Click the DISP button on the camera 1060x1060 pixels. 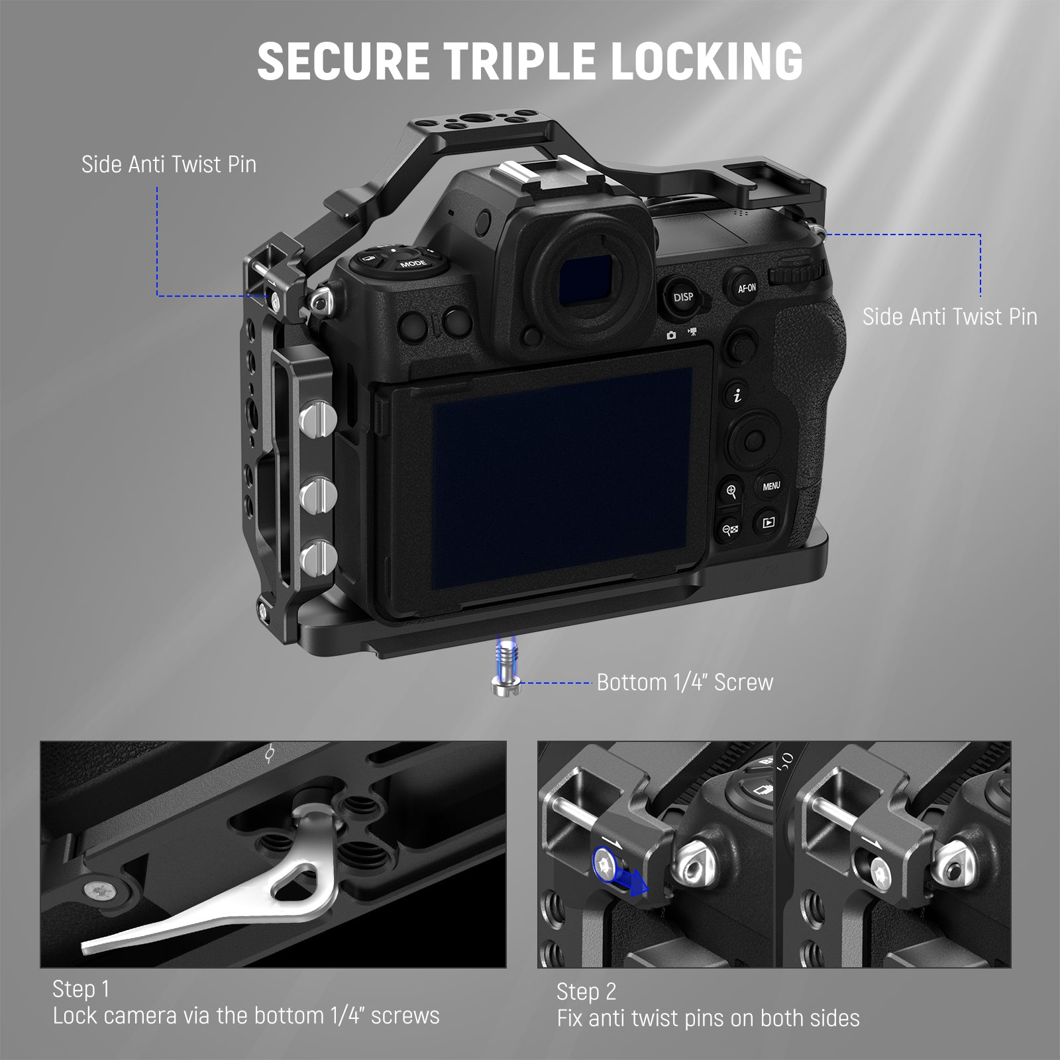click(x=683, y=297)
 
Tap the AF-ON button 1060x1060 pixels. click(x=747, y=288)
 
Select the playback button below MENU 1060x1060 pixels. click(x=768, y=523)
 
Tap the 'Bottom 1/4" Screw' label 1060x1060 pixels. click(x=685, y=682)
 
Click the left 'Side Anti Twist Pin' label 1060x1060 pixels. click(x=169, y=164)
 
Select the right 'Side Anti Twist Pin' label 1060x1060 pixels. click(x=949, y=317)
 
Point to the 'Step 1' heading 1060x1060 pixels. click(x=81, y=989)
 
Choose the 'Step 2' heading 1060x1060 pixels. click(x=586, y=992)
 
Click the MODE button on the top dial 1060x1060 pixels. click(x=413, y=264)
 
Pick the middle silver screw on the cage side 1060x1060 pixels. click(x=317, y=493)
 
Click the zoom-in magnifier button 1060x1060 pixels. click(x=731, y=492)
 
